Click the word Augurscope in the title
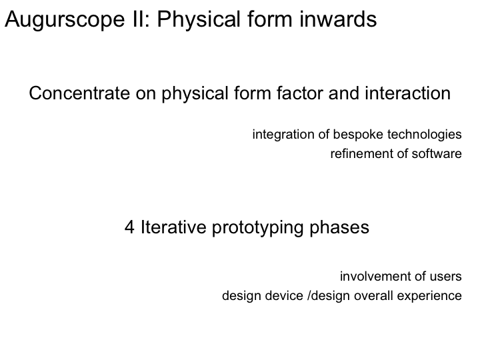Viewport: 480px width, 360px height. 65,19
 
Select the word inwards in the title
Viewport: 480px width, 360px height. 338,19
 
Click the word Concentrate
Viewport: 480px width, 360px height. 79,93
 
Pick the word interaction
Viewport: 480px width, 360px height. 407,93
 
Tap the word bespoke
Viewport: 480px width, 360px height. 358,135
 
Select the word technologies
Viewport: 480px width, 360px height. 424,135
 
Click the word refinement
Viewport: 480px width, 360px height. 361,154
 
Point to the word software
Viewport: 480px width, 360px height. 437,154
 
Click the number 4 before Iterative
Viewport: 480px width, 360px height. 129,227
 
